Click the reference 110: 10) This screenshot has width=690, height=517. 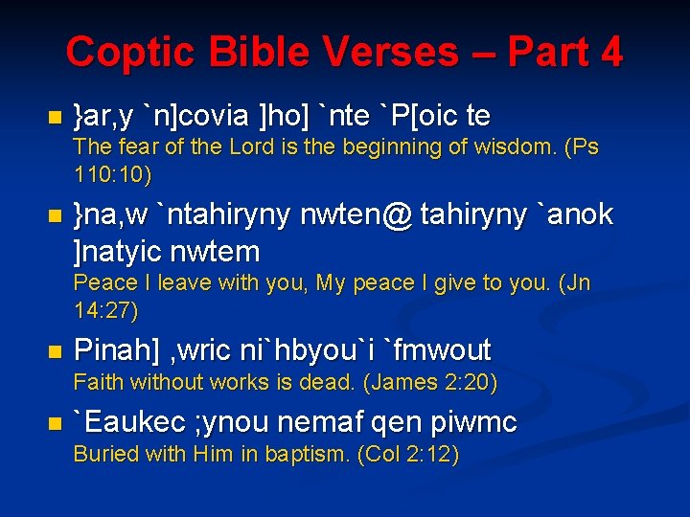tap(112, 175)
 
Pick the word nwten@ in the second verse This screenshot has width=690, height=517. tap(357, 215)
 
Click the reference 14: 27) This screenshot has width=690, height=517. tap(105, 311)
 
